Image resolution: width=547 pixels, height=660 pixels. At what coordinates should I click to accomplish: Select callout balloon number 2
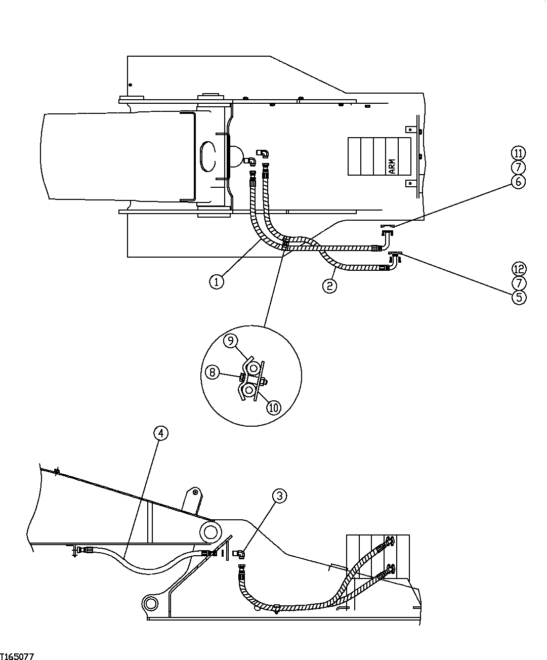click(329, 285)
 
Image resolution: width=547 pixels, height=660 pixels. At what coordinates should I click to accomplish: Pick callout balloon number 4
click(160, 433)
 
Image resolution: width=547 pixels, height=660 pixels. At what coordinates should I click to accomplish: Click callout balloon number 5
click(519, 297)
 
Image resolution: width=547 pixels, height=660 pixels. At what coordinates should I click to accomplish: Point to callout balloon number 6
click(519, 181)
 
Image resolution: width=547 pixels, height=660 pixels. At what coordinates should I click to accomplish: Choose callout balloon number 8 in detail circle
click(213, 373)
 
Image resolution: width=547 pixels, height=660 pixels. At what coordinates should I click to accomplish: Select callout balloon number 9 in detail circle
click(230, 341)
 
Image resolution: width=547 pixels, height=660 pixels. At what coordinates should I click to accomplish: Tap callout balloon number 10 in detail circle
click(273, 407)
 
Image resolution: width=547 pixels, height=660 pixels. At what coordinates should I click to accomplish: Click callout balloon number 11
click(519, 153)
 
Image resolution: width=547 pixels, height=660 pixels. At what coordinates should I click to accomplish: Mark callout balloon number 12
click(519, 269)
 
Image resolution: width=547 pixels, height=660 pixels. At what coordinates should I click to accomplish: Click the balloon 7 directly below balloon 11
click(519, 167)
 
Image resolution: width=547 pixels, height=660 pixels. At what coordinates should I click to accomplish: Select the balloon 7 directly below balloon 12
click(519, 283)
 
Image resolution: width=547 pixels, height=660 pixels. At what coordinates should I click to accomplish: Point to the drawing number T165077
click(17, 656)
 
